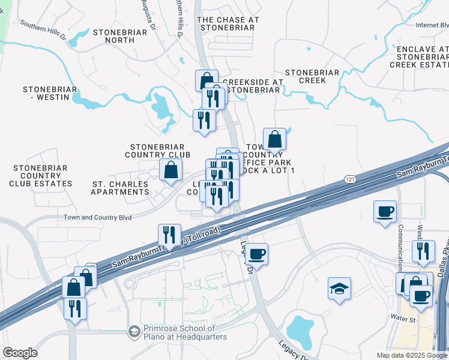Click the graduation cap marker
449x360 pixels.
click(x=339, y=289)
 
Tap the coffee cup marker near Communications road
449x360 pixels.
click(x=385, y=212)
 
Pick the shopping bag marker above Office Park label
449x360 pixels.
click(x=274, y=139)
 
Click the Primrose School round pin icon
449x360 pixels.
click(x=134, y=331)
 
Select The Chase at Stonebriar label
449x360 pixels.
click(x=229, y=23)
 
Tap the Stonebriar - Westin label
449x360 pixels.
click(x=50, y=93)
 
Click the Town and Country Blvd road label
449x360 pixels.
click(x=98, y=218)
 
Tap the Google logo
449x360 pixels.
click(x=20, y=353)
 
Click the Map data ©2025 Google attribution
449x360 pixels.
click(x=412, y=355)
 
